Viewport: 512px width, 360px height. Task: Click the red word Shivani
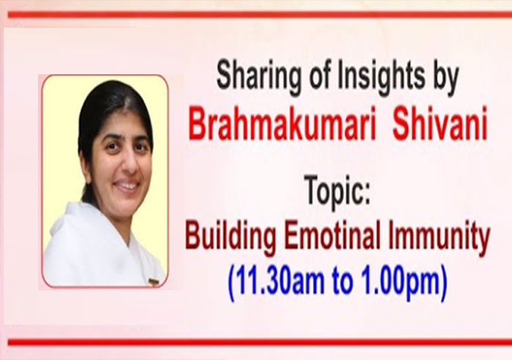pyautogui.click(x=440, y=124)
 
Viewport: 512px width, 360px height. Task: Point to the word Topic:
pyautogui.click(x=336, y=192)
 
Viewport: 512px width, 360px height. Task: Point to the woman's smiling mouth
pyautogui.click(x=127, y=185)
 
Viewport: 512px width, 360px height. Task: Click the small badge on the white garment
pyautogui.click(x=154, y=281)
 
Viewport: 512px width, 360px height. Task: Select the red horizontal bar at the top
pyautogui.click(x=260, y=15)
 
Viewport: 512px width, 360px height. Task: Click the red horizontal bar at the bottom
pyautogui.click(x=260, y=342)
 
